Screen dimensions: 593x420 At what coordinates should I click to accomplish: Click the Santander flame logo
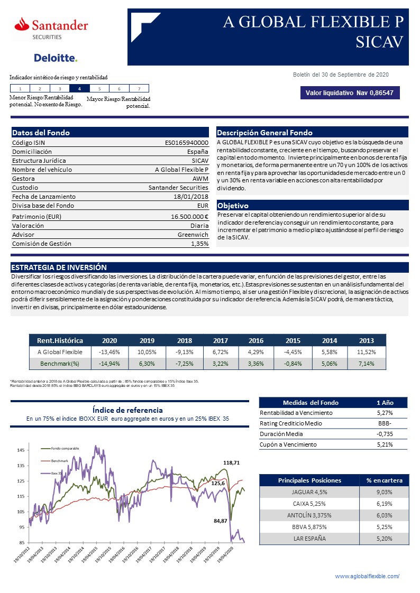pos(22,24)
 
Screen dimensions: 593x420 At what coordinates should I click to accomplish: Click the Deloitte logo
pos(56,58)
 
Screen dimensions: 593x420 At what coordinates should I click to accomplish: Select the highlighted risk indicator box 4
pos(79,89)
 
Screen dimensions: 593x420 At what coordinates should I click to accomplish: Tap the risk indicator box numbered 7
pos(139,89)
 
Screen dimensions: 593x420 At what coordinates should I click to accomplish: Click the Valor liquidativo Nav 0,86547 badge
pos(349,93)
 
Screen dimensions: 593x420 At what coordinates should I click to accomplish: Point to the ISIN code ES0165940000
pos(187,142)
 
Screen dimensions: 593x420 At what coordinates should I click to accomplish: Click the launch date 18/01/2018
pos(191,196)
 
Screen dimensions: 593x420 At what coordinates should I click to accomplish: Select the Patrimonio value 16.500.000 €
pos(189,216)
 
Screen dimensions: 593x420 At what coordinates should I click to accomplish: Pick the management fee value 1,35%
pos(199,244)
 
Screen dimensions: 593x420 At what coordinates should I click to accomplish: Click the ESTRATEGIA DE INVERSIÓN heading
pos(59,267)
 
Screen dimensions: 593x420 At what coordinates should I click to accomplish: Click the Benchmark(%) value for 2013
pos(366,364)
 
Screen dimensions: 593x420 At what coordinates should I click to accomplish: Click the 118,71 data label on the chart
pos(232,462)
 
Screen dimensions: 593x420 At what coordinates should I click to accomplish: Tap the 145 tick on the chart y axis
pos(21,450)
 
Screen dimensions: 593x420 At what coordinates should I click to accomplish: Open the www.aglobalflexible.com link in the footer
pos(367,576)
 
